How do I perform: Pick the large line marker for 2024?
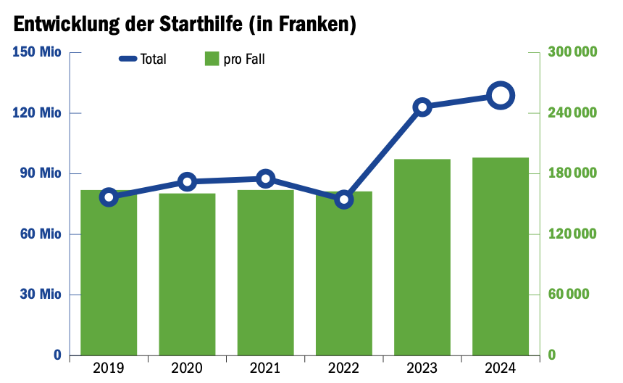(x=501, y=95)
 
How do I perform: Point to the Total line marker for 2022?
(x=344, y=199)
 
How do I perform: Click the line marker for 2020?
(x=187, y=181)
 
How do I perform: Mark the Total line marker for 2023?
(x=422, y=107)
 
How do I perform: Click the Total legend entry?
(x=143, y=59)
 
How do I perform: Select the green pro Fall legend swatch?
(x=212, y=59)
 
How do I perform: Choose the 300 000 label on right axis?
(x=572, y=52)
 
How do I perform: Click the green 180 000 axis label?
(x=572, y=173)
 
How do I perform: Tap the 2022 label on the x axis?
(x=343, y=368)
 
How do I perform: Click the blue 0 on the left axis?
(x=57, y=355)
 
